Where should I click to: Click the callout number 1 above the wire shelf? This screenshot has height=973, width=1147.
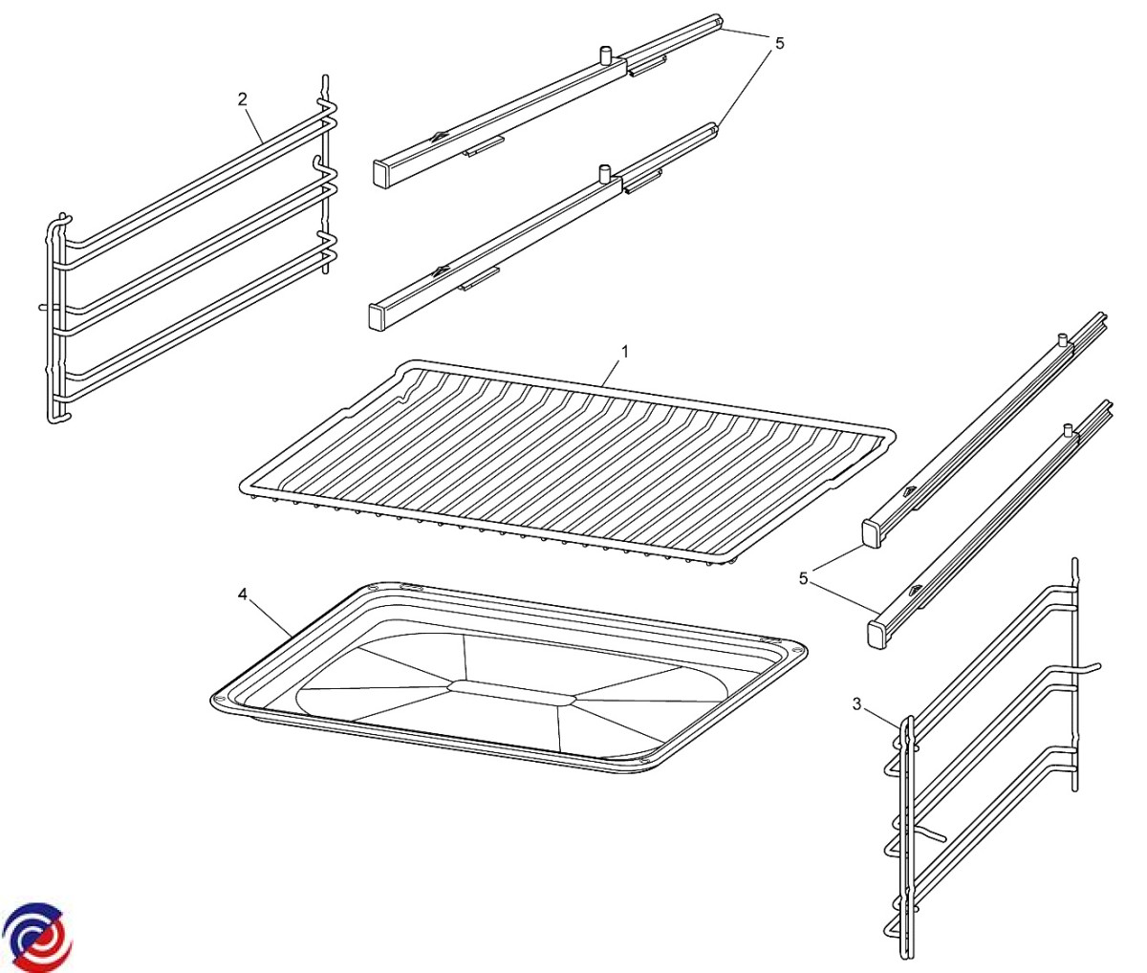625,352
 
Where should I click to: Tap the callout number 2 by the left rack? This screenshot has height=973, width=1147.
243,99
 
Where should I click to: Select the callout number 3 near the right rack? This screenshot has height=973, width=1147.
856,704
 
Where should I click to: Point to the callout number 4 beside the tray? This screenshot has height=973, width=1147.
243,594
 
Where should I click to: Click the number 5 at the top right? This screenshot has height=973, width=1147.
780,43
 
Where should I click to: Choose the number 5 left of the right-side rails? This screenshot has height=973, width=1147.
804,578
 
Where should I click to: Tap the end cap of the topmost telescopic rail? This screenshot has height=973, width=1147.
380,173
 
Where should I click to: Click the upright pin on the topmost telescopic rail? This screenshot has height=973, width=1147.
605,55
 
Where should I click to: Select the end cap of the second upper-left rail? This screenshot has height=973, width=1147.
378,317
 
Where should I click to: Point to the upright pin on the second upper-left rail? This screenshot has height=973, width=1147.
604,173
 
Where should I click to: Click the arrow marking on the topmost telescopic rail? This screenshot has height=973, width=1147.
440,135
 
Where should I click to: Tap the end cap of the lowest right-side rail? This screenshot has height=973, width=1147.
876,635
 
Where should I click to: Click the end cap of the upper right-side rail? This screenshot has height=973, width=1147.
872,534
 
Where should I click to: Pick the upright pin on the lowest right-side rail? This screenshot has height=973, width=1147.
1067,430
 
